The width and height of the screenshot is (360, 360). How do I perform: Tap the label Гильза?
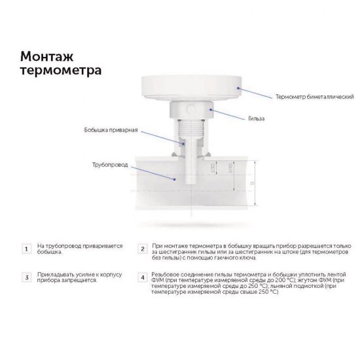257,119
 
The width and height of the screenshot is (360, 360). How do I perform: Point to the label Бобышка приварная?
111,130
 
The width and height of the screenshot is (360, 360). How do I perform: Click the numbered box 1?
26,249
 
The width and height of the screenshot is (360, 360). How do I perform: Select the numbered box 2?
142,249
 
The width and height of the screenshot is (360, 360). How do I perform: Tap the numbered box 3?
26,277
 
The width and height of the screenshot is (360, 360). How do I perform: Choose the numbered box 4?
142,277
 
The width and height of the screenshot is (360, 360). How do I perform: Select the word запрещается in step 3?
77,279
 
